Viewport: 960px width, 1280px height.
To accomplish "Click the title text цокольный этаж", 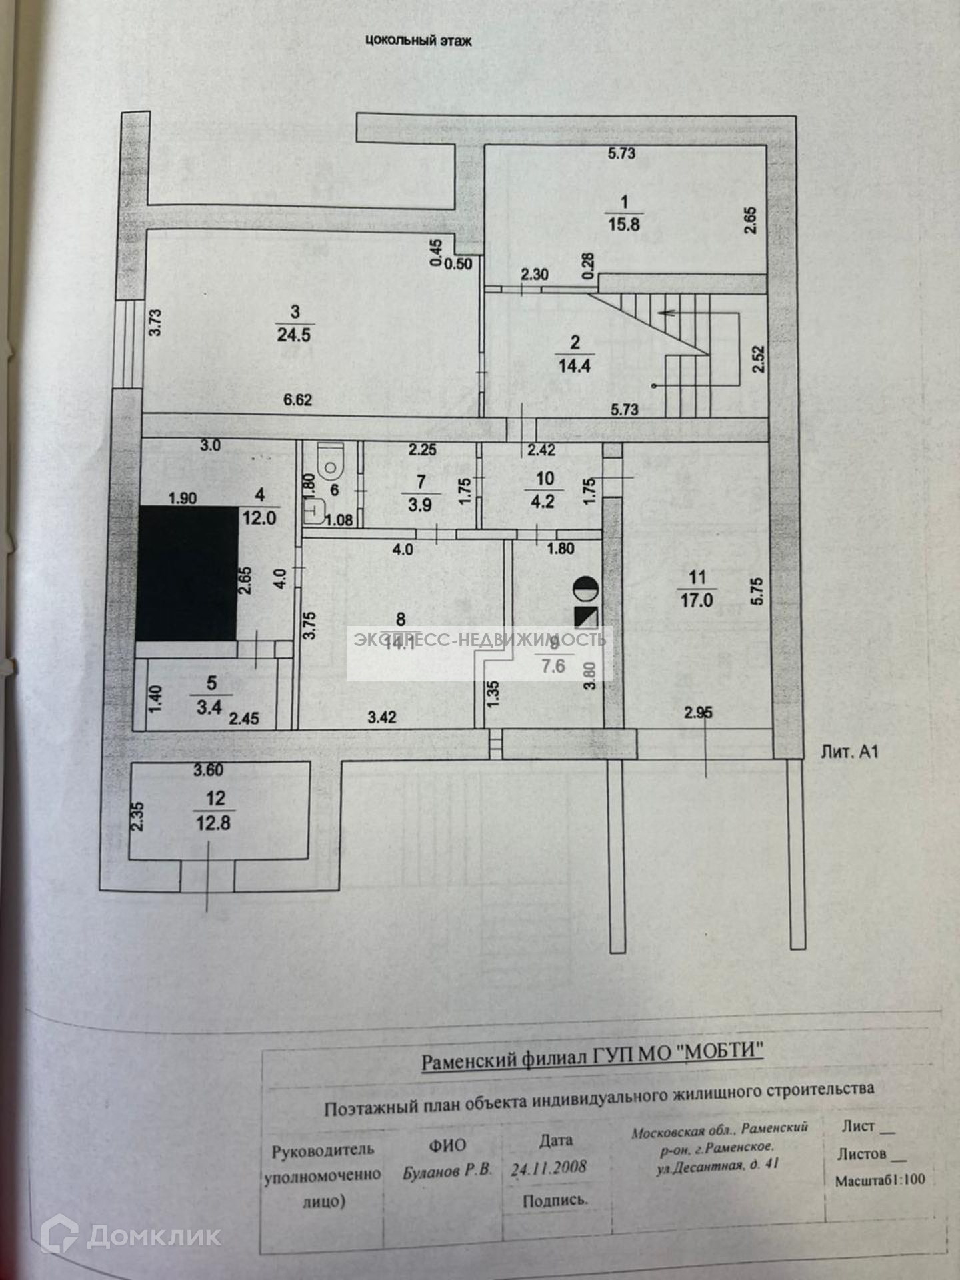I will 418,41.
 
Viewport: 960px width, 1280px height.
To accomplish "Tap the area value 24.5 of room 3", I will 293,334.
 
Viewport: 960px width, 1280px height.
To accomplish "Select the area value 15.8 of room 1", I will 623,224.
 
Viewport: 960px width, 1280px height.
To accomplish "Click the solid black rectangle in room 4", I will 187,573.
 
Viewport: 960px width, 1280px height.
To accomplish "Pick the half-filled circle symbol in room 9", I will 585,588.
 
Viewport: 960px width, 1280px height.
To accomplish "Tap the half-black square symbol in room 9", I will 586,618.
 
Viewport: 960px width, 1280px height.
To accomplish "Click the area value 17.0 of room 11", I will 697,600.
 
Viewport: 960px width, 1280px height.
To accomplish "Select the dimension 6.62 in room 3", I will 297,400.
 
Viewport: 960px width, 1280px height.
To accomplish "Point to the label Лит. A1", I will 849,752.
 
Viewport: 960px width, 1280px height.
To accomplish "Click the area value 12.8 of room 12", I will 213,823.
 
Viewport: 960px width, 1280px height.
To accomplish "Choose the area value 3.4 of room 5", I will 209,707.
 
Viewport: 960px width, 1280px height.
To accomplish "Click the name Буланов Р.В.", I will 447,1171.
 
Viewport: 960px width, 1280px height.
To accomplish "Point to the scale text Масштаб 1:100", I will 880,1179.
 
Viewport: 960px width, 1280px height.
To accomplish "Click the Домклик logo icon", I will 59,1234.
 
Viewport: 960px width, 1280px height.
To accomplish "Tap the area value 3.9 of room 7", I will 420,505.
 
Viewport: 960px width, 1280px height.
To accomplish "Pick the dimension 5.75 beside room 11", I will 756,591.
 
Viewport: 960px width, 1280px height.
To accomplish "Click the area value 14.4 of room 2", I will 574,366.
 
